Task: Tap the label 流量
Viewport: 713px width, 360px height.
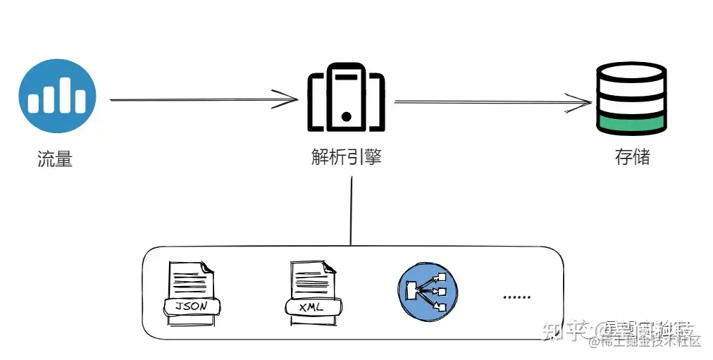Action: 55,159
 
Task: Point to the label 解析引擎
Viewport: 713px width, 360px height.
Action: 346,156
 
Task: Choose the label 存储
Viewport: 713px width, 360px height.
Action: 632,156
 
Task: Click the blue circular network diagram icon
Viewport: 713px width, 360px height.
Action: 427,290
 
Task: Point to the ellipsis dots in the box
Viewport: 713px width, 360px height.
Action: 517,297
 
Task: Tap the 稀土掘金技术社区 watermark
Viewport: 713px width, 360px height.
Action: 652,342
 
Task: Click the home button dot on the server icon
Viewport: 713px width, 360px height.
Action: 346,115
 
